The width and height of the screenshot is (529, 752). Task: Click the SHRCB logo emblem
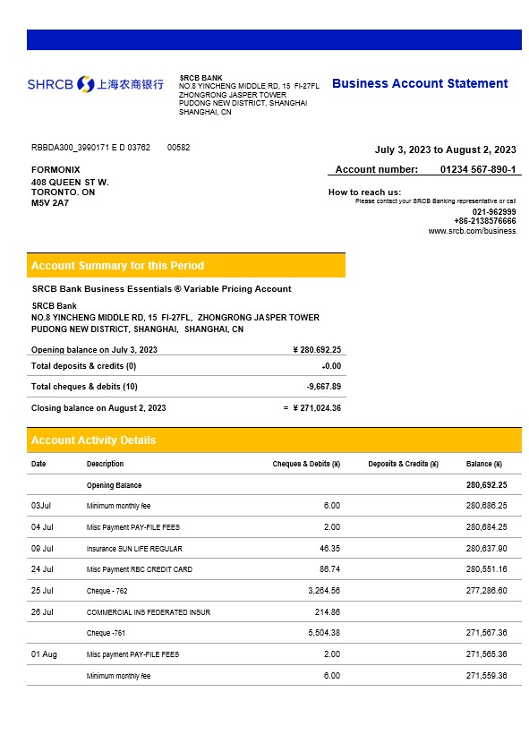coord(85,84)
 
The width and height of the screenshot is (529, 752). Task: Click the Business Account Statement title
coord(420,83)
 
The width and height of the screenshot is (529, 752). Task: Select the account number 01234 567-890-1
coord(477,169)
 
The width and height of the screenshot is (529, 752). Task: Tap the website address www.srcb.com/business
coord(472,230)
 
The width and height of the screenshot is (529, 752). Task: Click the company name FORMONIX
coord(55,169)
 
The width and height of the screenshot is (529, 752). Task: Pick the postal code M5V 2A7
coord(50,203)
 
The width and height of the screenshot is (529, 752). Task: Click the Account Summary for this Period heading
coord(117,265)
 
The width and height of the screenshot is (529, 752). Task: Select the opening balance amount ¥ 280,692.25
coord(317,349)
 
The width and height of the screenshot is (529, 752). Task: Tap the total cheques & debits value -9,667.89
coord(323,387)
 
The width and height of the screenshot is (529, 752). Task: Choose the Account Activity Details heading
coord(93,440)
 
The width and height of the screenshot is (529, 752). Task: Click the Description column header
coord(105,464)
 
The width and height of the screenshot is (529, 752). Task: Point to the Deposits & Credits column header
coord(403,464)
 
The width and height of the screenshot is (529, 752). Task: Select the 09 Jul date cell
coord(42,548)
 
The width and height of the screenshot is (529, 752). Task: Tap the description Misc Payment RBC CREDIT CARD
coord(139,569)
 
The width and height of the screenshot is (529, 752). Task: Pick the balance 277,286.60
coord(486,591)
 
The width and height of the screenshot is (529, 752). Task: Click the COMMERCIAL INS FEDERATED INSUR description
coord(148,612)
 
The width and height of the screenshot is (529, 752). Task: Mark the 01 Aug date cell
coord(44,654)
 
